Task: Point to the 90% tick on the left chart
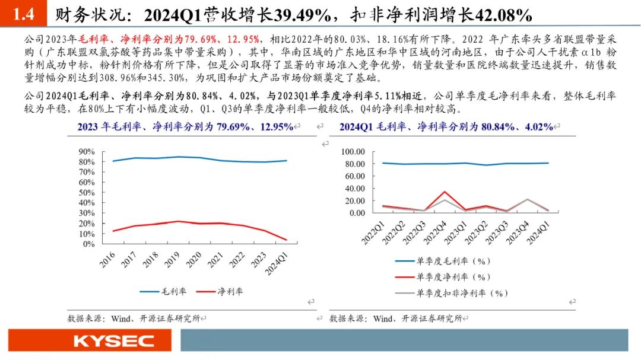click(x=87, y=152)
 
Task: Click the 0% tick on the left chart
click(x=89, y=244)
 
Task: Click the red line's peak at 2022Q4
click(x=445, y=192)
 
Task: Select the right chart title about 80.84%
click(x=446, y=126)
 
